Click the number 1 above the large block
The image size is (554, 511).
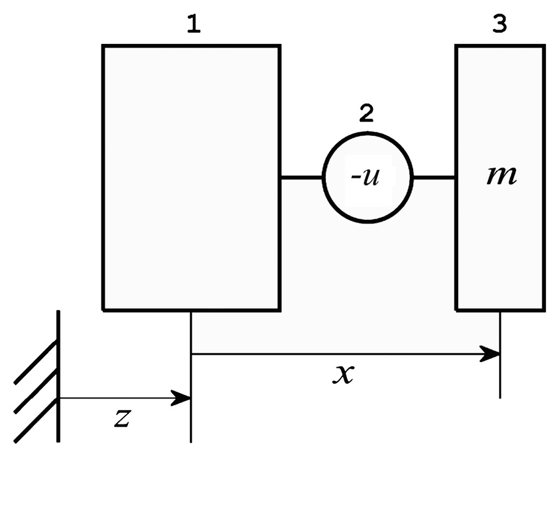(x=194, y=25)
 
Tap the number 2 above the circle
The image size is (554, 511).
(x=366, y=114)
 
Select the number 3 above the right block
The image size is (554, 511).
(x=500, y=25)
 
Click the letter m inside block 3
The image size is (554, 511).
(x=501, y=177)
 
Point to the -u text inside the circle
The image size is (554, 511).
(x=365, y=177)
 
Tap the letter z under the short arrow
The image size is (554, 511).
(x=122, y=418)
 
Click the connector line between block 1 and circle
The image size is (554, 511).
(x=301, y=177)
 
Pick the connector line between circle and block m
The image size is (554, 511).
(x=433, y=177)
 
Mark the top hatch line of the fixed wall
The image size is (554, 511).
(x=36, y=361)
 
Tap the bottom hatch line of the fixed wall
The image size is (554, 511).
(x=36, y=421)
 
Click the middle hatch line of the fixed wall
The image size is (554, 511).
(x=36, y=391)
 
